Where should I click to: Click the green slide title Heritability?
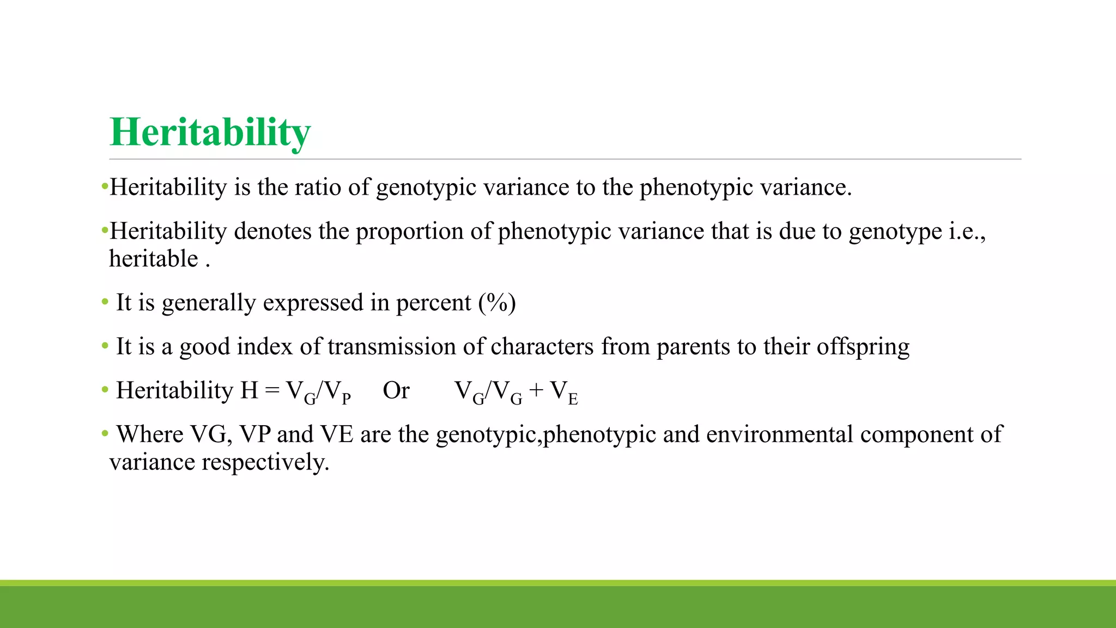click(x=210, y=132)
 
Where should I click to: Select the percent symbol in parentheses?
click(x=497, y=303)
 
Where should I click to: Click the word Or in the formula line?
click(x=396, y=391)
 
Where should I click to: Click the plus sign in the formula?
click(x=536, y=391)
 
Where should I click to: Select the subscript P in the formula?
click(x=346, y=398)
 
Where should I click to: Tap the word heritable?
click(x=154, y=259)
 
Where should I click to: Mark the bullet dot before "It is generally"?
click(x=105, y=301)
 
